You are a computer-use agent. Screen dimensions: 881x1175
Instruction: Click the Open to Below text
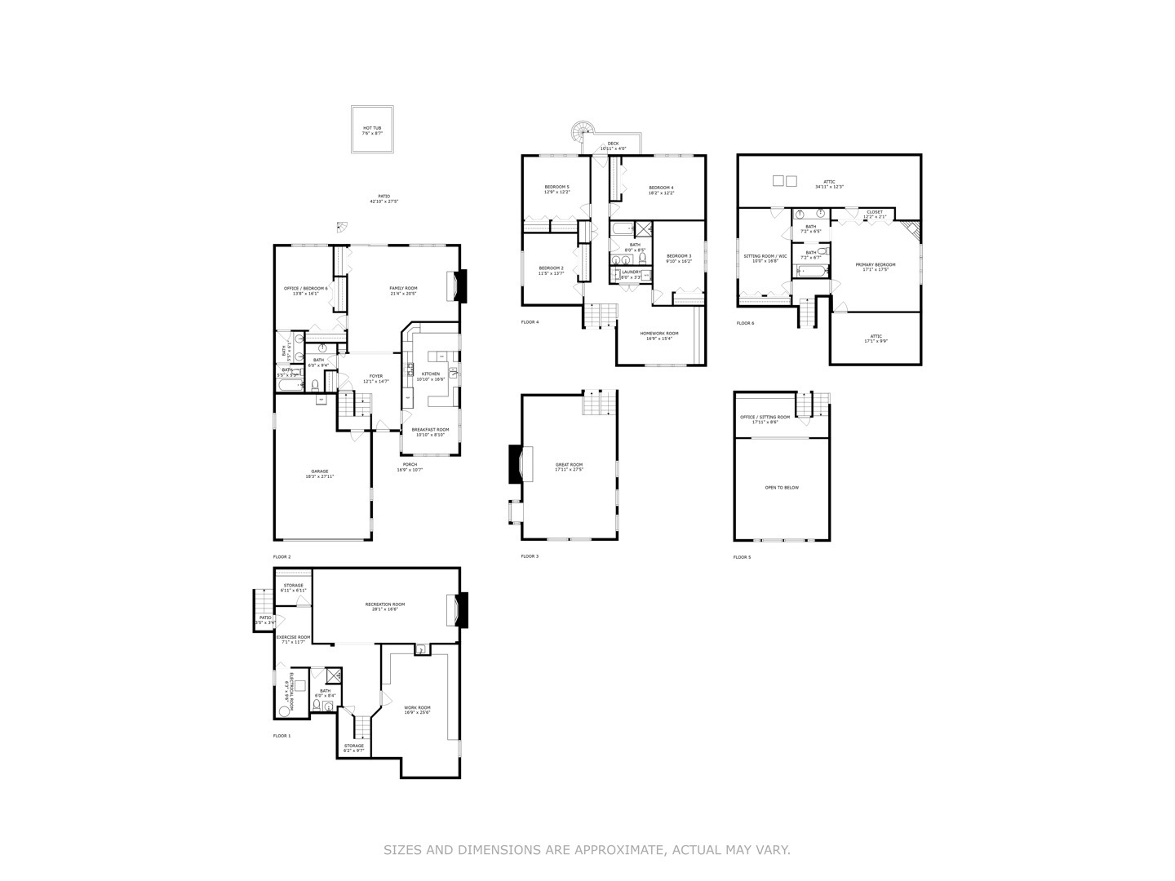(782, 488)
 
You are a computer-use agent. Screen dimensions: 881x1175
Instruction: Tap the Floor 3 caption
(530, 556)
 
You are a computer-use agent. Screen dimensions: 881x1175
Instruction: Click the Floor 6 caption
(745, 323)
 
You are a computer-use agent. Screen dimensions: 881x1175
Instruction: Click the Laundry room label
(632, 273)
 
